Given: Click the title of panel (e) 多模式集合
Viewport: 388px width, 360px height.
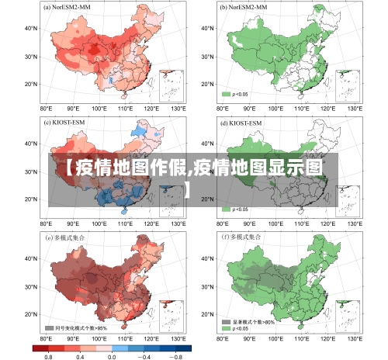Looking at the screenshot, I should tap(67, 236).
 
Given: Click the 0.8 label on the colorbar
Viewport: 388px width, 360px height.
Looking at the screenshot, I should tap(48, 355).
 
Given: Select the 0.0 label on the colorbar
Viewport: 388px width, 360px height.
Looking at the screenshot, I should tap(111, 355).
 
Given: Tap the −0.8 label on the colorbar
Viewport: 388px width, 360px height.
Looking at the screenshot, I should tap(176, 355).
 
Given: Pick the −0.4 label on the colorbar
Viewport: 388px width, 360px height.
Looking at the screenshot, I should tap(144, 355).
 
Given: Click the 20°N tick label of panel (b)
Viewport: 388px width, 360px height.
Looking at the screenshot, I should tap(206, 84).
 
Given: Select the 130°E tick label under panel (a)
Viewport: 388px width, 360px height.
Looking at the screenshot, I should tap(177, 109).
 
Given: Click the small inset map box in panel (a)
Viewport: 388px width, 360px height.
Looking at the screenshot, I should tap(172, 85).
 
